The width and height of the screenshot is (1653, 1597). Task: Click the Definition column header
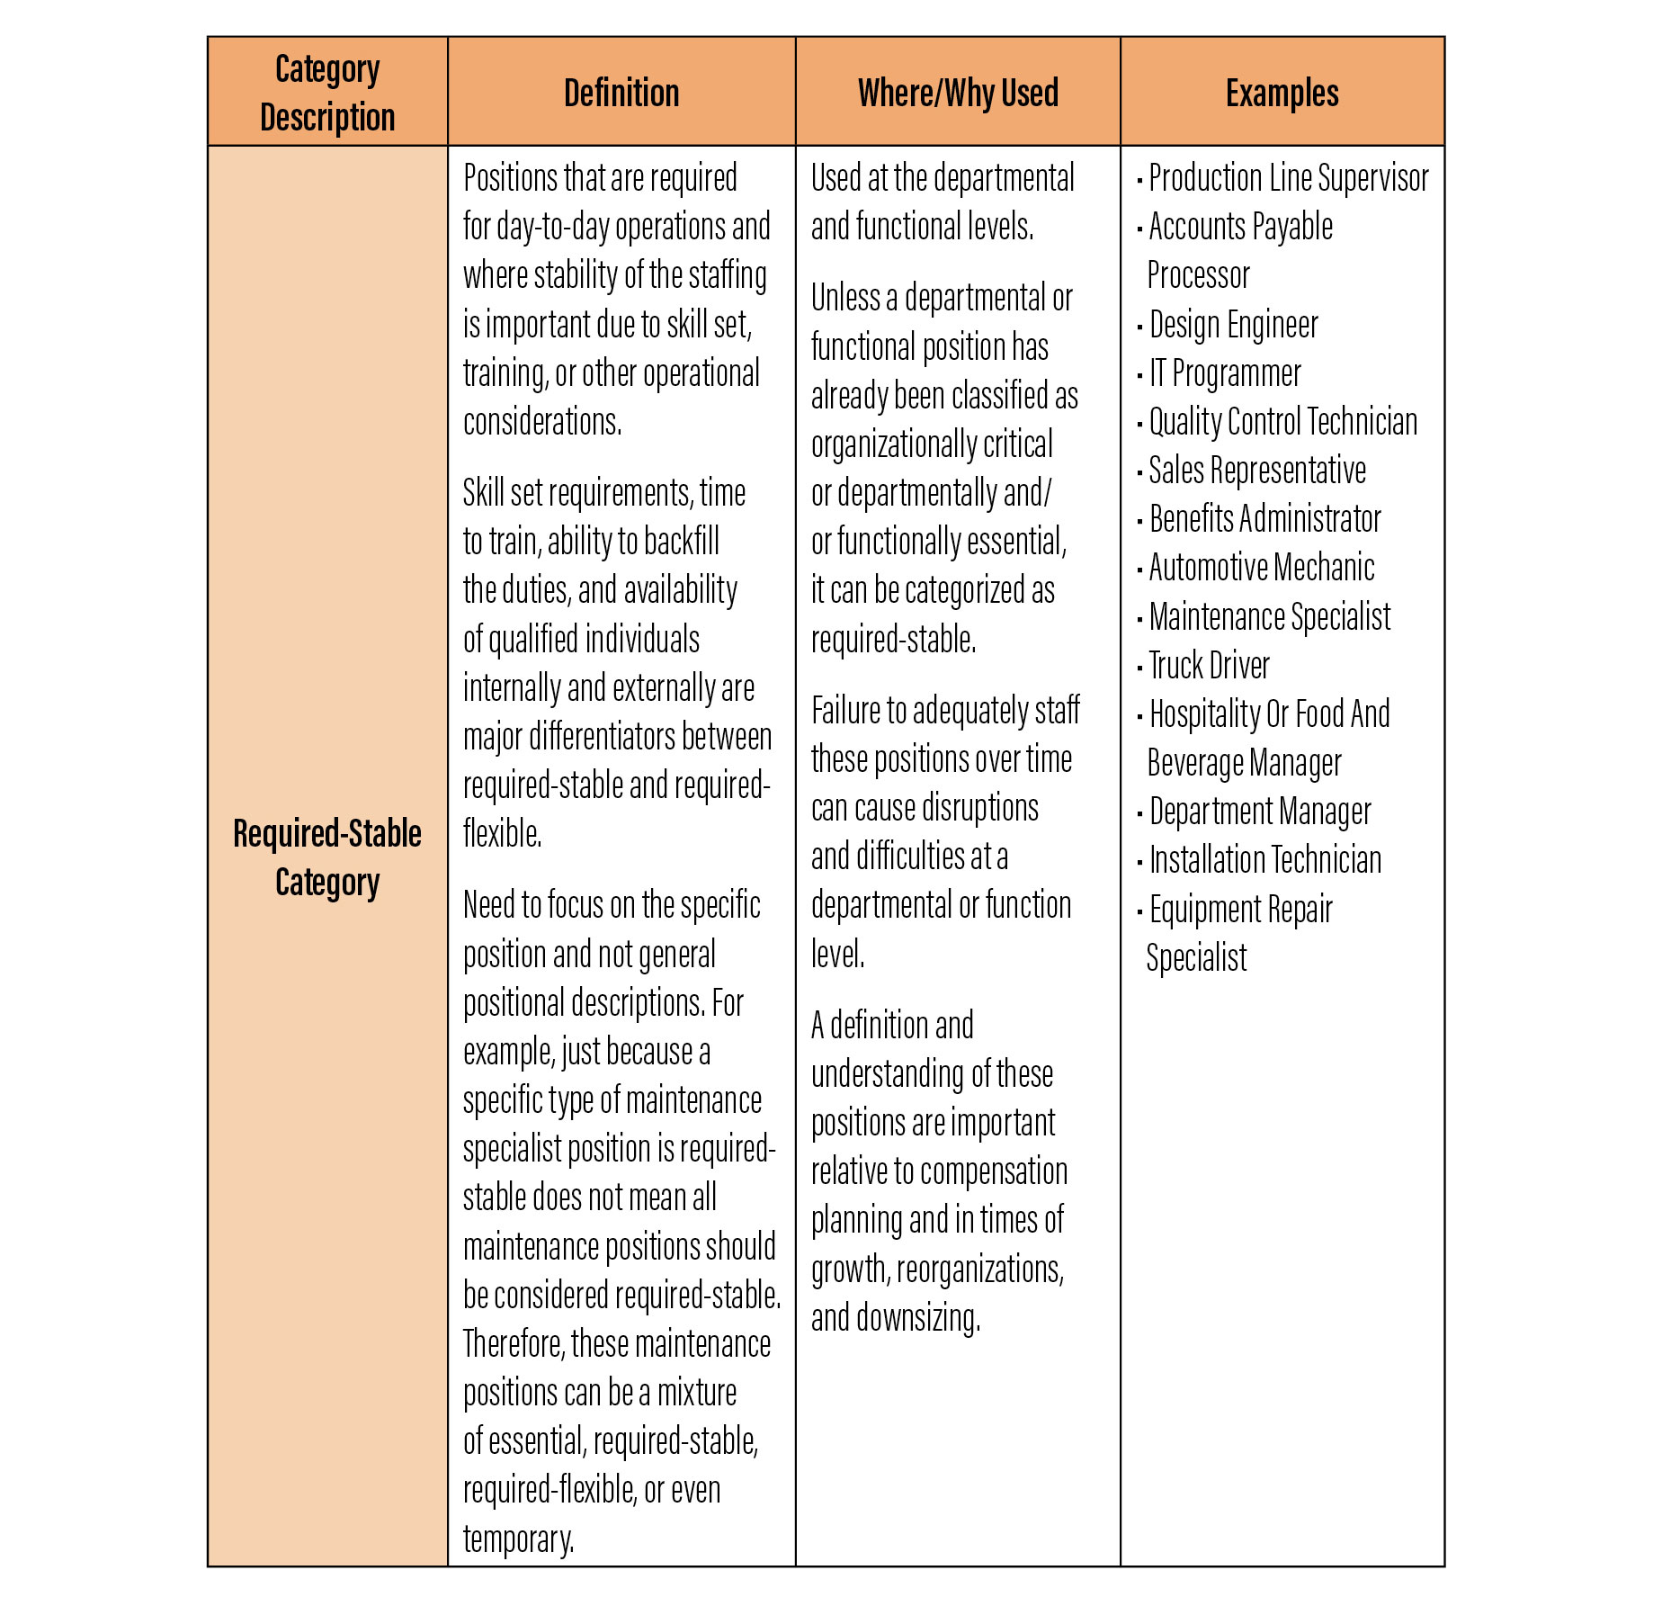coord(621,93)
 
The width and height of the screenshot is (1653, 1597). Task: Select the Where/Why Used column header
coord(958,93)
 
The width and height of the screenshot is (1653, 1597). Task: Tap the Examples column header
coord(1282,93)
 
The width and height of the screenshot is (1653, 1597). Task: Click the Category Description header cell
coord(327,93)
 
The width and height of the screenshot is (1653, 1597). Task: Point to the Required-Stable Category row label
coord(327,857)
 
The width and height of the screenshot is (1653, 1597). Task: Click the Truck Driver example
coord(1209,666)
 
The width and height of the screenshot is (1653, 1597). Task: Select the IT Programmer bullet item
coord(1225,373)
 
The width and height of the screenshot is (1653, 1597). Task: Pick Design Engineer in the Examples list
coord(1233,325)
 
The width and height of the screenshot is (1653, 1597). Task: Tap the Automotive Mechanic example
coord(1261,568)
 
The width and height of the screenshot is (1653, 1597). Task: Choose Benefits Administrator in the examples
coord(1264,519)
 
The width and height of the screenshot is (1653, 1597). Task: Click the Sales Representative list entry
coord(1257,471)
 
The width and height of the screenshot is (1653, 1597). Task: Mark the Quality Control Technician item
coord(1282,422)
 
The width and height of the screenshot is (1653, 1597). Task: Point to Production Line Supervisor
coord(1288,178)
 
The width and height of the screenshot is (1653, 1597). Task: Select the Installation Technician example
coord(1264,860)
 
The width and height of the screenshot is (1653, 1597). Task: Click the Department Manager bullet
coord(1260,812)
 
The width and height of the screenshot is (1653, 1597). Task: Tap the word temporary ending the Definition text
coord(518,1539)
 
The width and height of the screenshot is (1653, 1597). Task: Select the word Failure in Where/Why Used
coord(847,711)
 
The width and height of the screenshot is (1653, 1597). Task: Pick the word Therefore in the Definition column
coord(513,1344)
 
